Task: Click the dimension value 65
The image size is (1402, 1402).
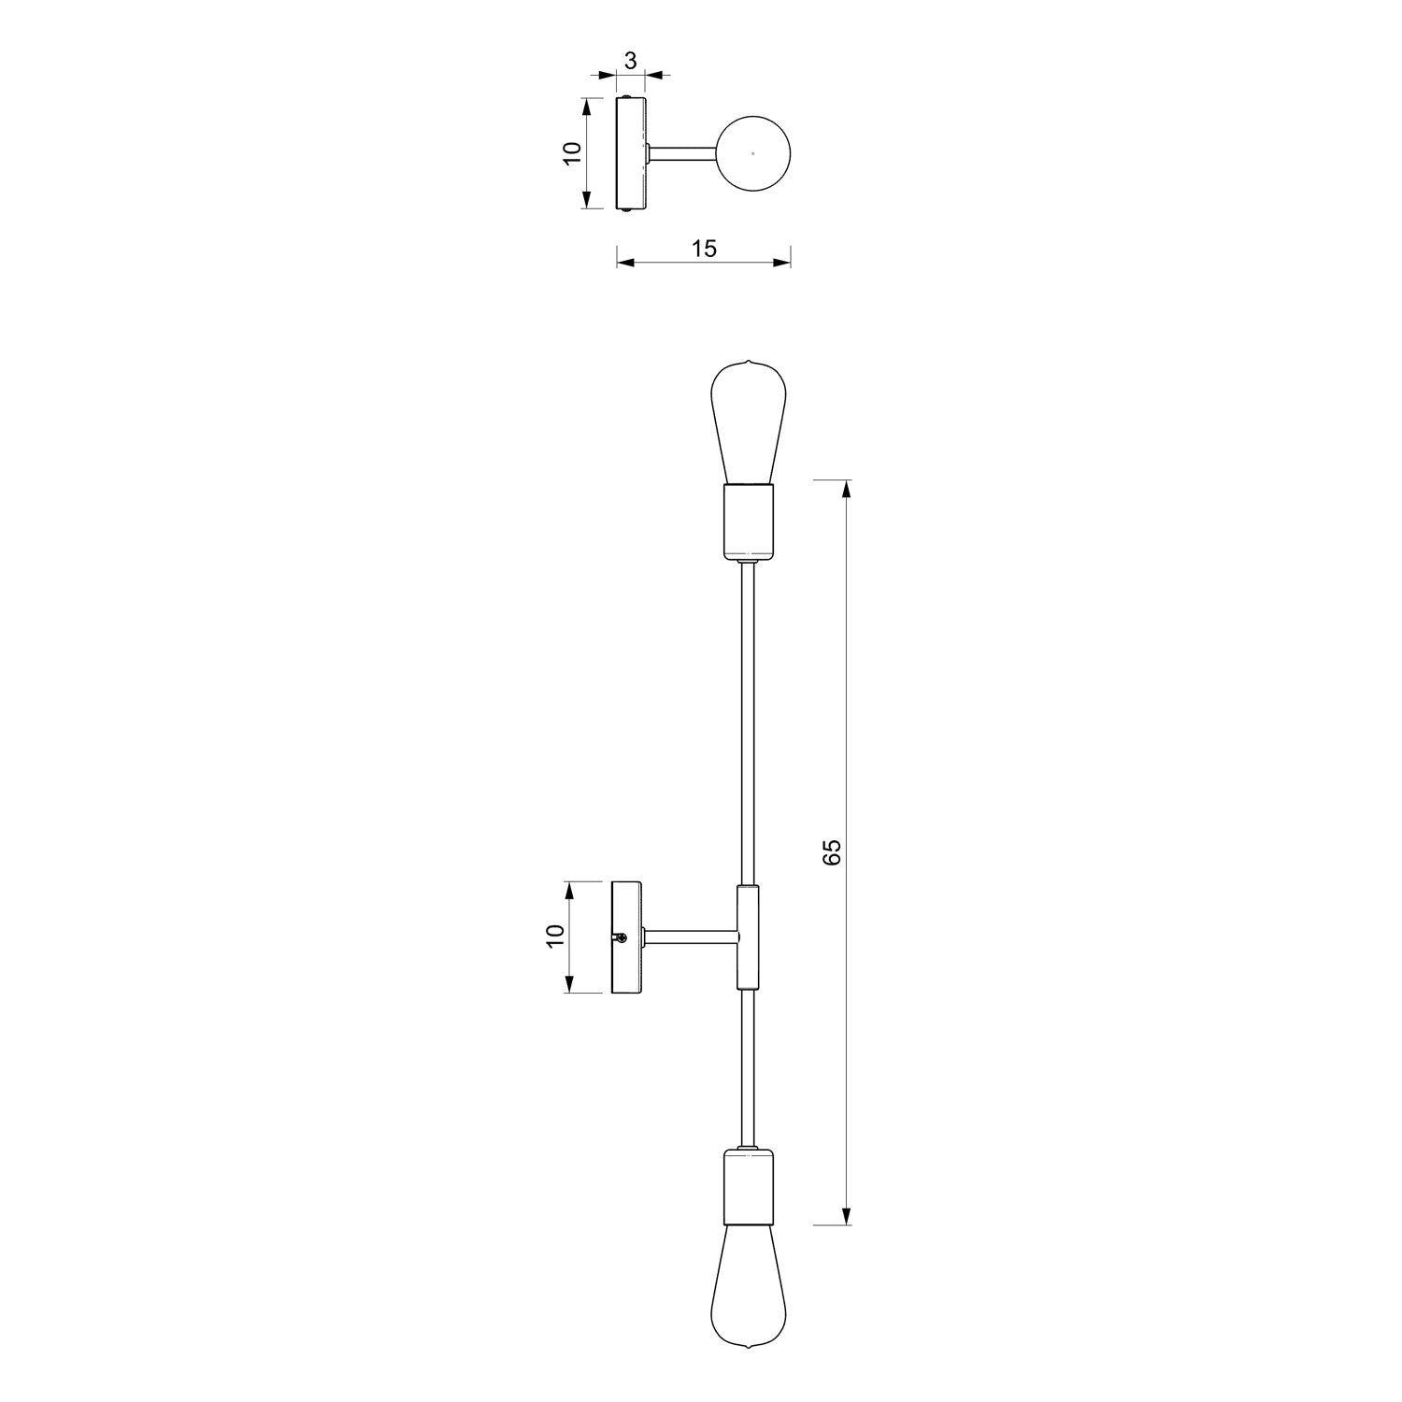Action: click(x=833, y=851)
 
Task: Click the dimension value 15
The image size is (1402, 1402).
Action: click(x=703, y=249)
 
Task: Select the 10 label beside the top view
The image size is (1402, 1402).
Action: click(x=573, y=152)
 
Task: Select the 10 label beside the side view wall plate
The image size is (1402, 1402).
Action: click(x=554, y=937)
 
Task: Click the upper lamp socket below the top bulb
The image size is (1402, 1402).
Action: click(x=749, y=522)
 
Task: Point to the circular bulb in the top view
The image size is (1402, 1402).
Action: click(x=753, y=152)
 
